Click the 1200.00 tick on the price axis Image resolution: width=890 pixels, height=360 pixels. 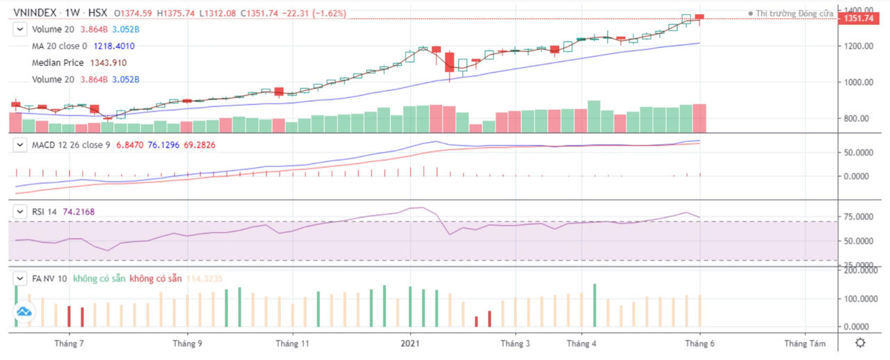pyautogui.click(x=858, y=46)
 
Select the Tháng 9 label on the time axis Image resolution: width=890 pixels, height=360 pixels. pyautogui.click(x=187, y=343)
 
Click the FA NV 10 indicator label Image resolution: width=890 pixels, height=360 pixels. pyautogui.click(x=49, y=278)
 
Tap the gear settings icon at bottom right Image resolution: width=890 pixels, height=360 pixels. pyautogui.click(x=860, y=343)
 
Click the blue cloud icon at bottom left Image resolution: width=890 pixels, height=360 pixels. pyautogui.click(x=26, y=313)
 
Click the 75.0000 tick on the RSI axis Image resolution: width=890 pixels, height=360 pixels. pyautogui.click(x=860, y=217)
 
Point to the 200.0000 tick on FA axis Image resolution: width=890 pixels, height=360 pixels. pyautogui.click(x=860, y=270)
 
